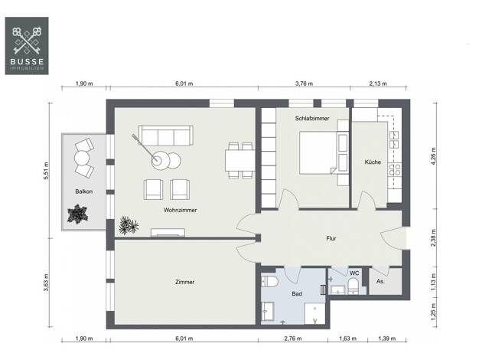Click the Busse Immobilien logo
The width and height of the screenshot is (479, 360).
pos(27,46)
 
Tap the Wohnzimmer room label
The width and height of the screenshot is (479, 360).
pos(181,210)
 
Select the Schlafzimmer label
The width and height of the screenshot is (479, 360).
pos(312,119)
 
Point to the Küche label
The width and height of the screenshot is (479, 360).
pos(373,162)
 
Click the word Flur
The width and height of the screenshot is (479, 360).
pos(331,238)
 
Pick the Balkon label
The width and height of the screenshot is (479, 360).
pos(84,191)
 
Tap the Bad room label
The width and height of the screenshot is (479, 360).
pos(297,294)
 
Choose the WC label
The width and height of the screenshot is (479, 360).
pos(354,273)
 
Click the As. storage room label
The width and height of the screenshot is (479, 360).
pos(380,281)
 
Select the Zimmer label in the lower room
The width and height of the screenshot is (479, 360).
pos(185,282)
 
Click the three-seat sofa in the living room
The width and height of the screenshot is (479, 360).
pos(166,135)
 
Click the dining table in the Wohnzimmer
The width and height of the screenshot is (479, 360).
pos(240,160)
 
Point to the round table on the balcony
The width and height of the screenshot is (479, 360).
pos(82,159)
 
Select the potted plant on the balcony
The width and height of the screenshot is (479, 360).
pos(77,214)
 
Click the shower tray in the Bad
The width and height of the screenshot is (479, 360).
pos(314,313)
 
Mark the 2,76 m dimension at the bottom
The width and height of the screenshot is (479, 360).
pos(292,339)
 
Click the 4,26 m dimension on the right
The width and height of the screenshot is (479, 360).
pos(435,156)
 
